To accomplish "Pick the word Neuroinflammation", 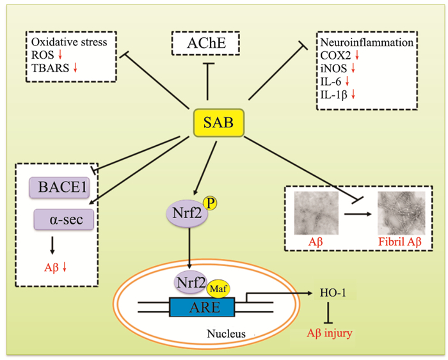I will pos(356,45).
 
